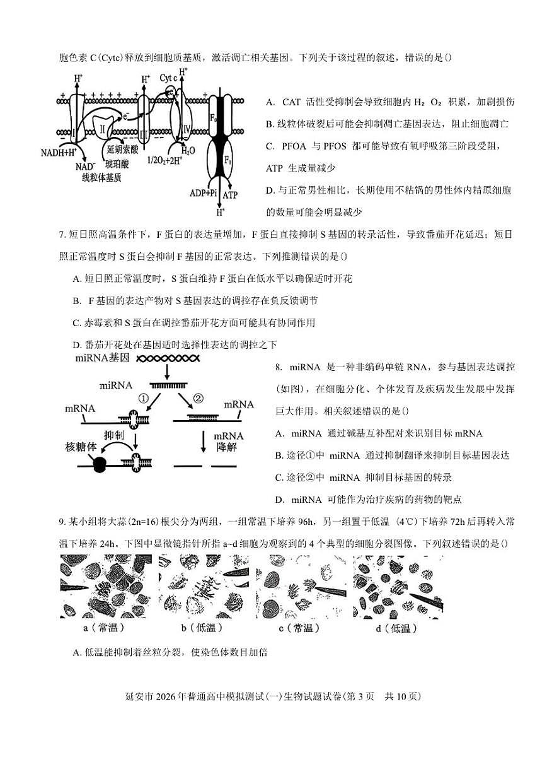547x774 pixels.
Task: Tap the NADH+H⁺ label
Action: tap(59, 153)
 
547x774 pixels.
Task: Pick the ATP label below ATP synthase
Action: tap(230, 196)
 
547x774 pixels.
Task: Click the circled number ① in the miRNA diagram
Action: tap(144, 399)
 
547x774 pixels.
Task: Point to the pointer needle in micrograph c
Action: tap(328, 592)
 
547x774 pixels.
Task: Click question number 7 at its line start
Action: tap(62, 235)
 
